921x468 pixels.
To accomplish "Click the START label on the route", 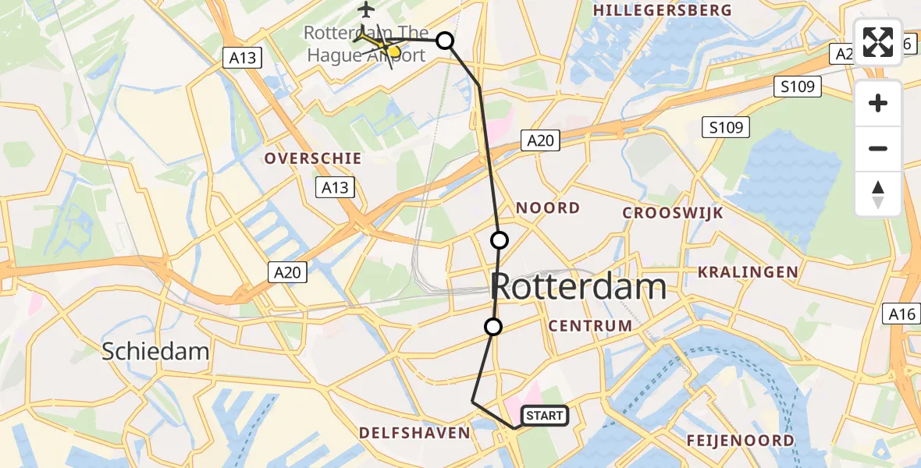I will [x=544, y=416].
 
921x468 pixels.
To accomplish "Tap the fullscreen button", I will [x=878, y=42].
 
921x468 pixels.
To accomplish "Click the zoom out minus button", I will [x=878, y=148].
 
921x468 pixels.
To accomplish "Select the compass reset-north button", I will [x=878, y=193].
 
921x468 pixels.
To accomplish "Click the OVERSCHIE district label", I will [x=312, y=158].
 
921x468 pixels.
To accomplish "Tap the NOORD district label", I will [x=547, y=208].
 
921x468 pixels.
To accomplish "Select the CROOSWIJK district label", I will [x=673, y=213].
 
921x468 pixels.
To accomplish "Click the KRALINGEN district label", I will [x=748, y=272].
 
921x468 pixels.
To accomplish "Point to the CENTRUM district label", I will [x=590, y=326].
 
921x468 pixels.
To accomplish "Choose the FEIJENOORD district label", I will [x=740, y=441].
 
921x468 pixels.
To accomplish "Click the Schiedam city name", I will [x=155, y=352].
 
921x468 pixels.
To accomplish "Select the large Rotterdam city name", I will [x=578, y=287].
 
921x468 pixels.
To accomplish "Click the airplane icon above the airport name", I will [x=366, y=10].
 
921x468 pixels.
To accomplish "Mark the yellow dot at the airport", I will [x=393, y=52].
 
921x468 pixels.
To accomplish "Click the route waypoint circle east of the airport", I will [x=444, y=41].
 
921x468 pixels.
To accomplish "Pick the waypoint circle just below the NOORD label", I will [x=500, y=239].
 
